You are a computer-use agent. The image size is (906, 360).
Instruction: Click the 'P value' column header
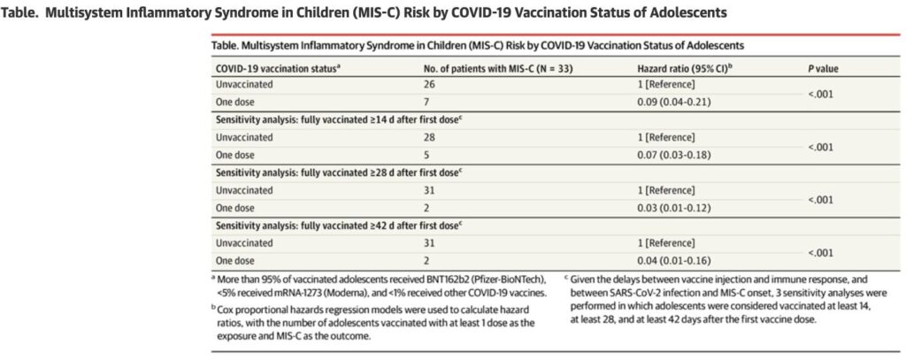(x=824, y=69)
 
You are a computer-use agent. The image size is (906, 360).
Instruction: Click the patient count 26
(x=429, y=84)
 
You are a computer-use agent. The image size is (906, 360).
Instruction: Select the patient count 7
(x=427, y=103)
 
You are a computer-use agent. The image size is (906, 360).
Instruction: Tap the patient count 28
(x=429, y=137)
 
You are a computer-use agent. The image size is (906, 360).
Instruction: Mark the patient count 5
(x=427, y=155)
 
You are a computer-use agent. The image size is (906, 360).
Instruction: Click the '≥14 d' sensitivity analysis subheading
(x=338, y=120)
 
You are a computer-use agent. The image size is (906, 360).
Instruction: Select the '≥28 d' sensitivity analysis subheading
(x=338, y=172)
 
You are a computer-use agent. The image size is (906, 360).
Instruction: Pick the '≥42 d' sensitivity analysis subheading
(x=338, y=225)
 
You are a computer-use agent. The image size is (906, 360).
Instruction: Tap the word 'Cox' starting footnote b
(x=224, y=312)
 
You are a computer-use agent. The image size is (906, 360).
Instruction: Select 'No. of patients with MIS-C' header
(x=477, y=68)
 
